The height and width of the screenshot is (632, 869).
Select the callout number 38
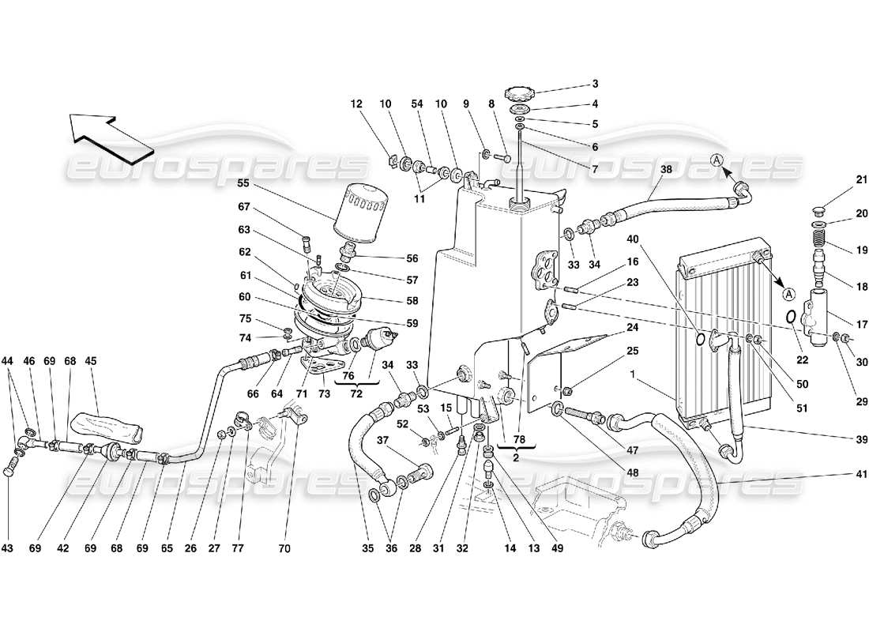click(x=666, y=169)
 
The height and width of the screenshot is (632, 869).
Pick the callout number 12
click(x=356, y=103)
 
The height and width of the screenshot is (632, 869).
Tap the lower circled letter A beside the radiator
click(x=788, y=294)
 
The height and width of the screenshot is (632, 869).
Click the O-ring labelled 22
click(x=791, y=317)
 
